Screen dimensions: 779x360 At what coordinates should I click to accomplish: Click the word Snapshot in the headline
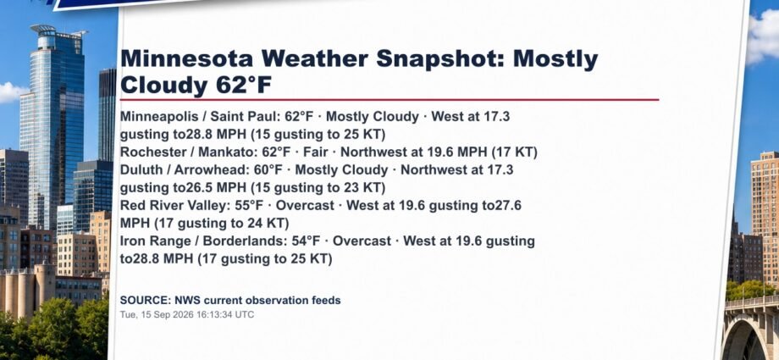pos(440,59)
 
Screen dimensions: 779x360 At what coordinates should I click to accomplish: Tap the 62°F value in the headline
pos(244,85)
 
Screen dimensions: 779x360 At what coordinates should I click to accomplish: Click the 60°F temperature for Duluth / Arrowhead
pos(268,170)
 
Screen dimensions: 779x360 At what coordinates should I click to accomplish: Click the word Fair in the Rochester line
pos(315,152)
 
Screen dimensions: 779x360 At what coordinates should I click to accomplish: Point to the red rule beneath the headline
pos(389,99)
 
